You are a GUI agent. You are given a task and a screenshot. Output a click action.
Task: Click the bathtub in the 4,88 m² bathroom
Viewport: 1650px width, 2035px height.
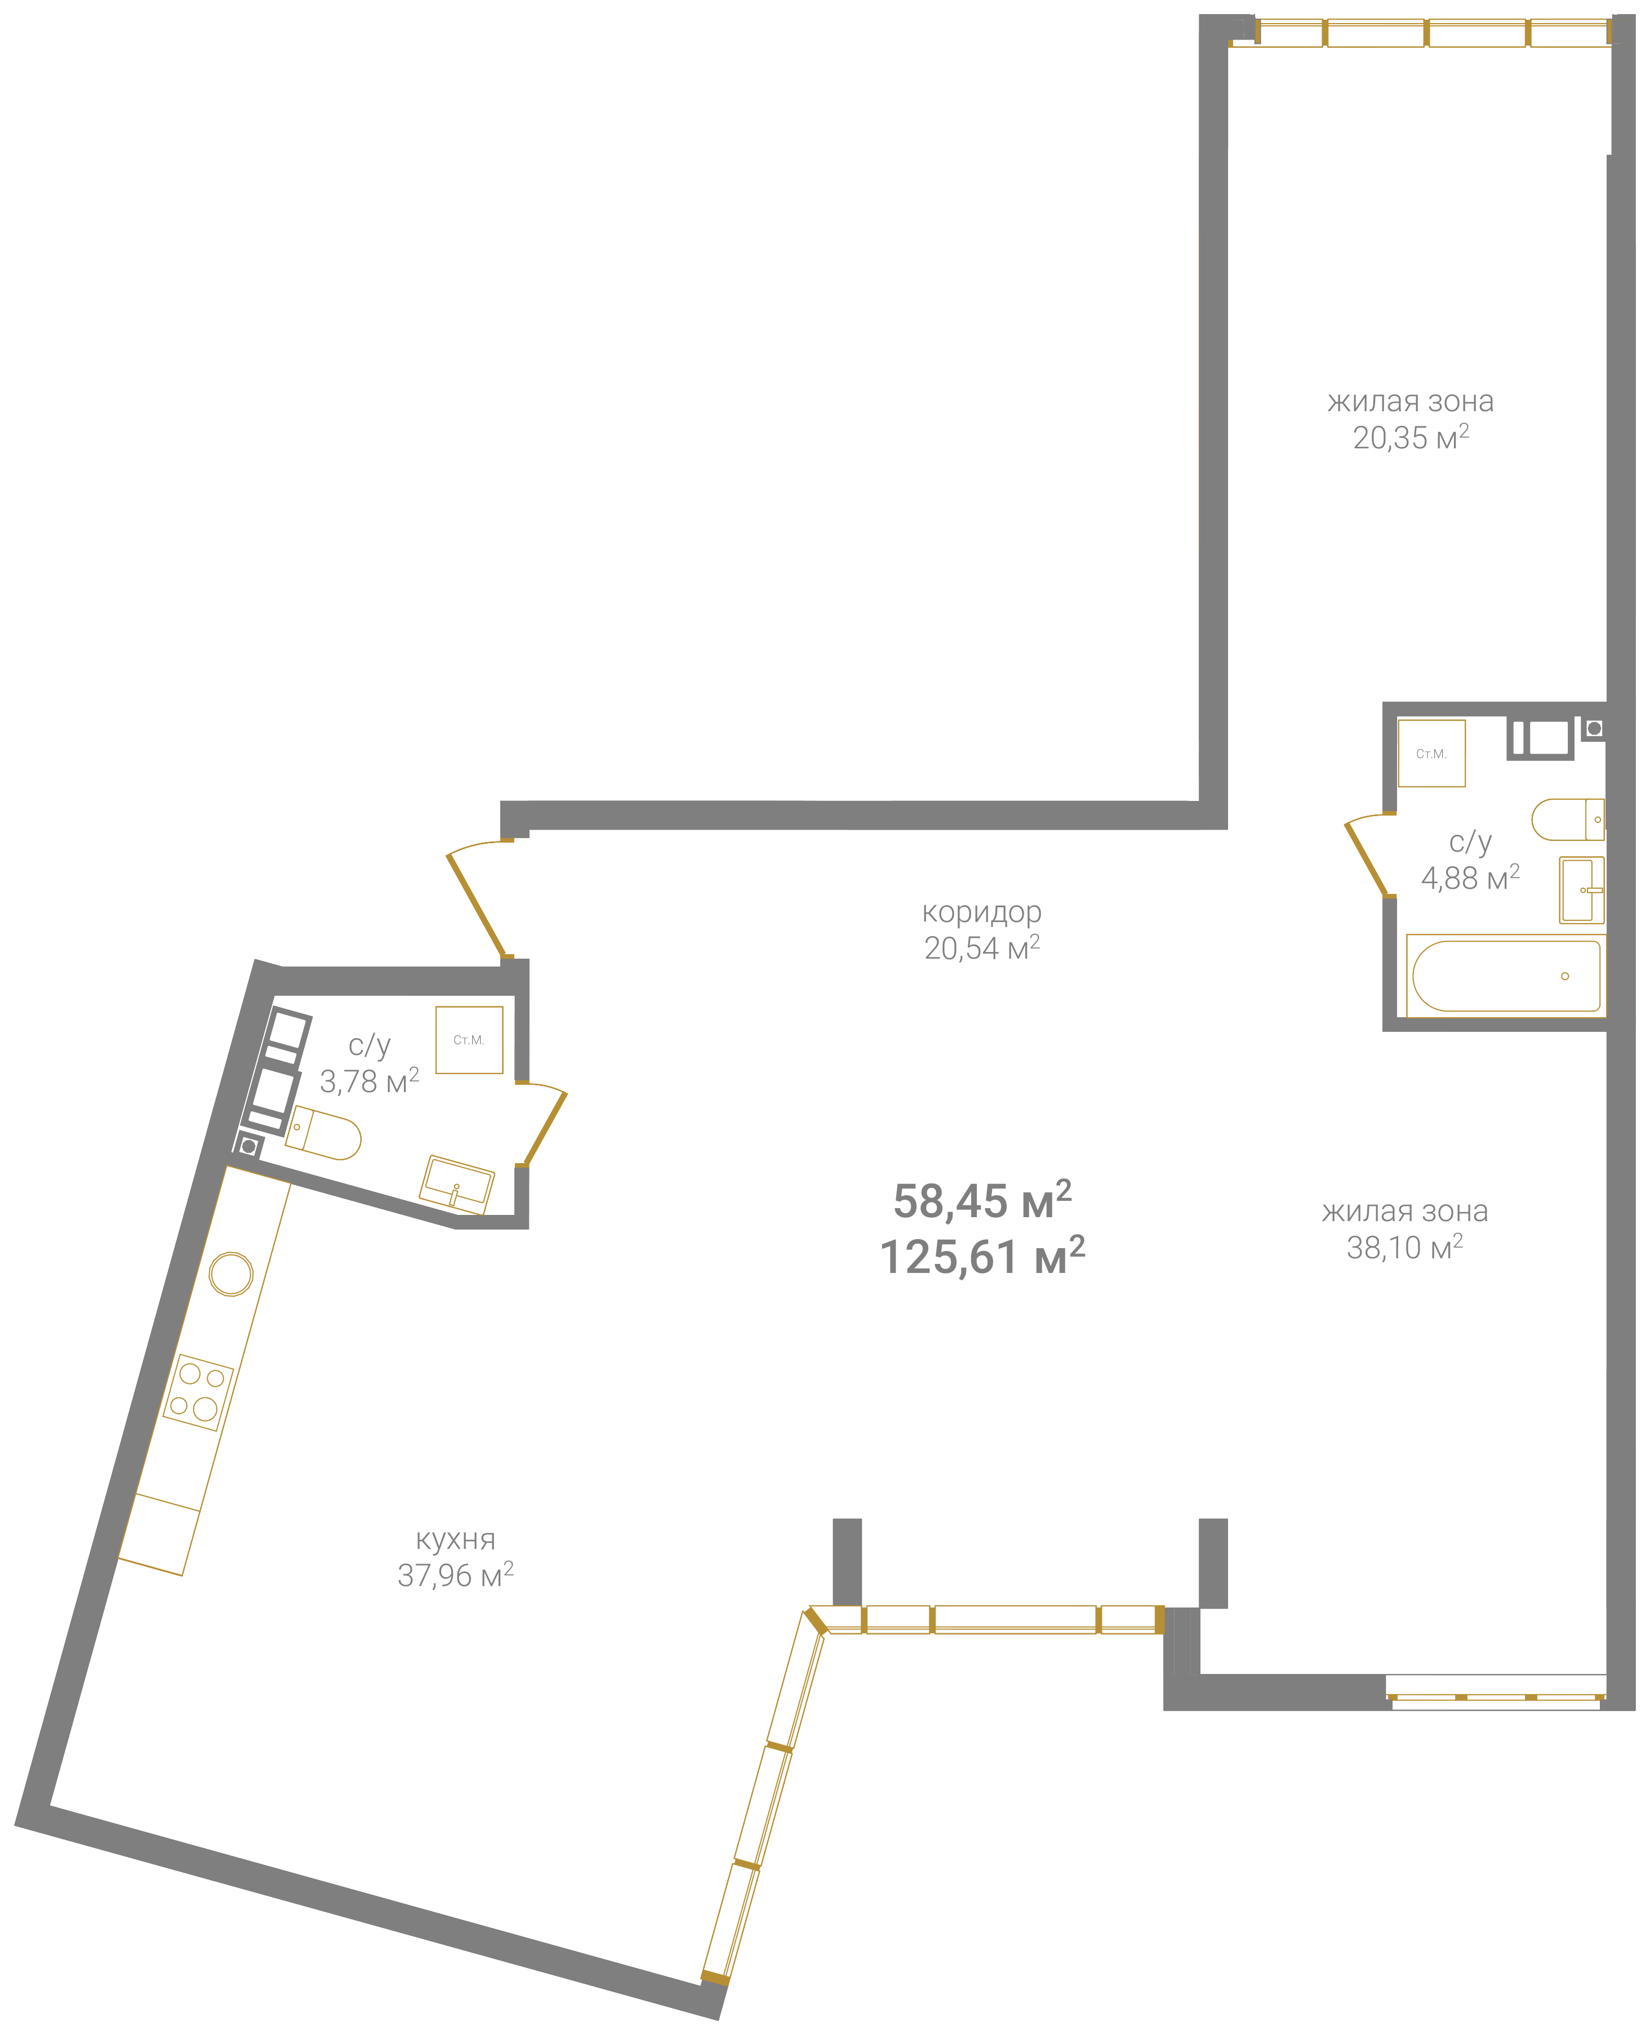click(1506, 975)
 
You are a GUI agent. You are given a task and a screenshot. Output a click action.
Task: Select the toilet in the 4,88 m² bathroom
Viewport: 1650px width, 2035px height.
click(1568, 819)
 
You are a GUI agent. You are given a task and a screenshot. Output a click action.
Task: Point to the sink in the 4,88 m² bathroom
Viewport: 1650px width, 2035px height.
click(1582, 890)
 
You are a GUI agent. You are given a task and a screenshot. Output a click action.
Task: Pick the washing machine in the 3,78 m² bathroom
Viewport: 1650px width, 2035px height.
click(469, 1039)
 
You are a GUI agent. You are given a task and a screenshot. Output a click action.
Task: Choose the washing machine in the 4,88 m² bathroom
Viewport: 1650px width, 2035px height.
click(1430, 754)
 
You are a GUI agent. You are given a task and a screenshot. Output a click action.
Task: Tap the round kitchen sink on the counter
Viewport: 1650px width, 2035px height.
click(231, 1274)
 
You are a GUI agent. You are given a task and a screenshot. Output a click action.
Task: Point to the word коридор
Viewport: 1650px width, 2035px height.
click(982, 912)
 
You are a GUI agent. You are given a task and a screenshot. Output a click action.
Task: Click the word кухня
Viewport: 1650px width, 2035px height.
click(455, 1539)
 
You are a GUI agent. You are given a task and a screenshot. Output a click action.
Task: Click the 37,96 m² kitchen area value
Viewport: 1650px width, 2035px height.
click(455, 1575)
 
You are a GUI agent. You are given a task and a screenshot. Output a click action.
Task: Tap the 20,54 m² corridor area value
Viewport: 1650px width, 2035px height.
click(982, 947)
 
